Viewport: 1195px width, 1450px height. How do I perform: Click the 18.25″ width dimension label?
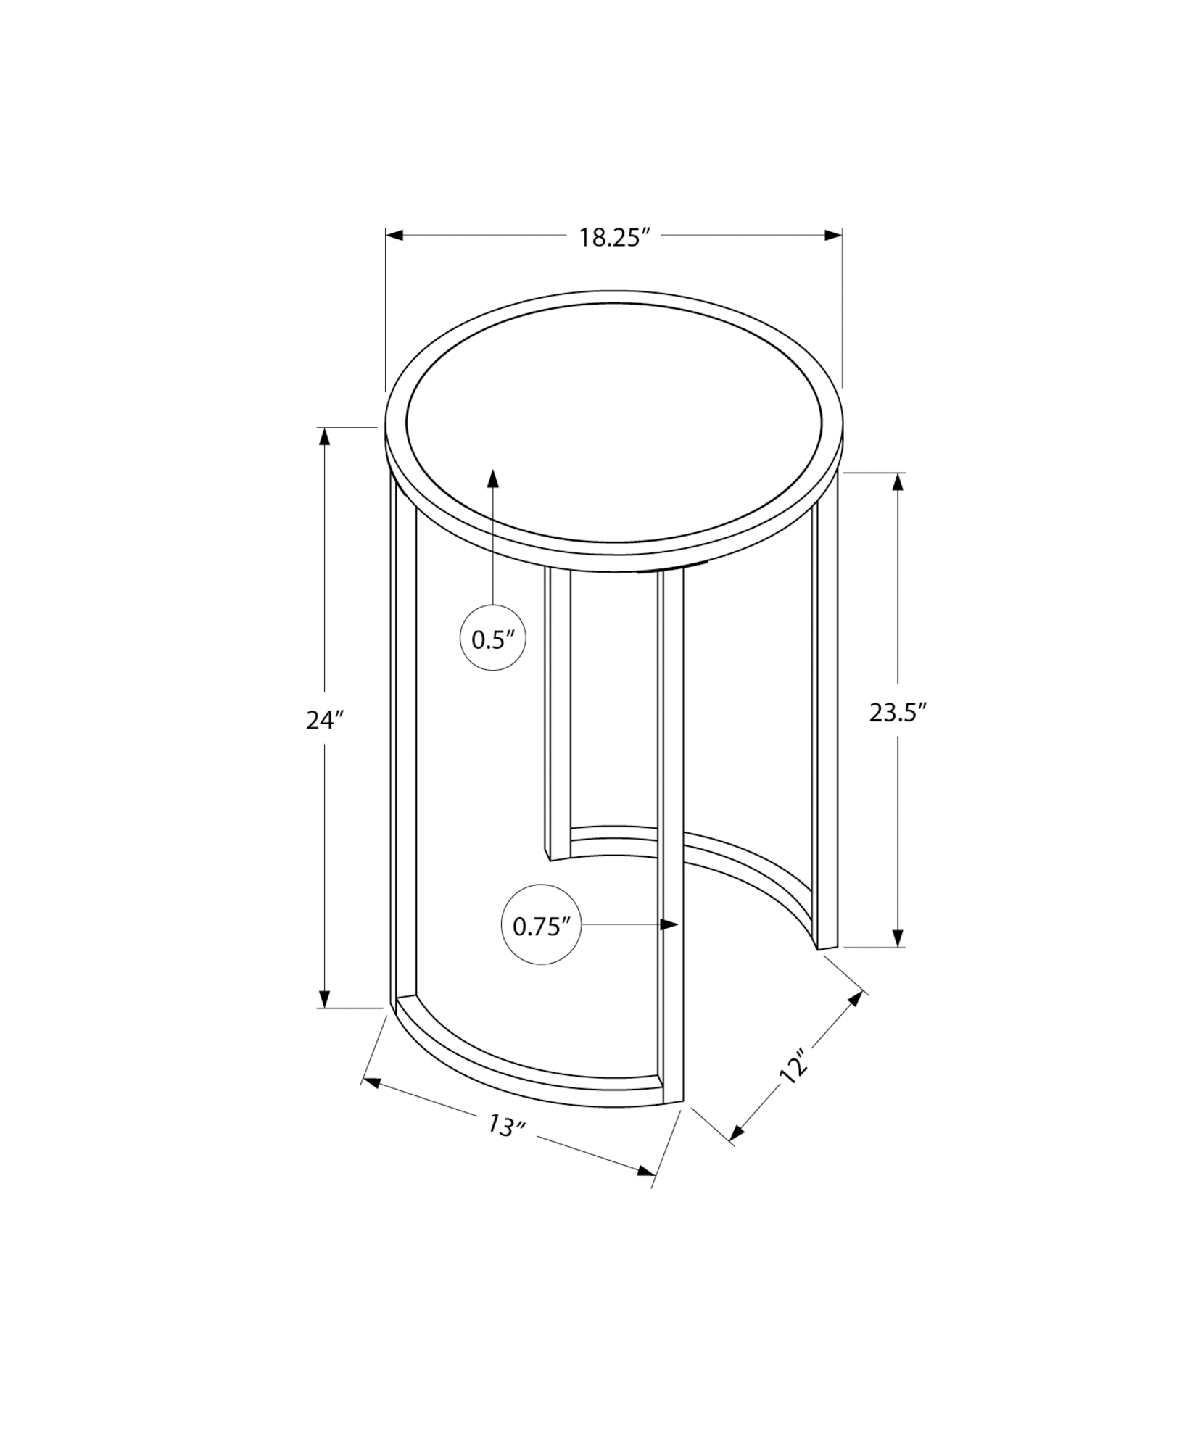[611, 238]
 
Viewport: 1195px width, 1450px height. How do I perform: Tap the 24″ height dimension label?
[324, 720]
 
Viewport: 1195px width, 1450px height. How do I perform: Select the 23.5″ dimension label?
[898, 713]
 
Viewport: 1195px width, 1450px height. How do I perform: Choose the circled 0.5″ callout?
[493, 639]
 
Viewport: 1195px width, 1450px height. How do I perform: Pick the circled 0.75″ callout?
[541, 926]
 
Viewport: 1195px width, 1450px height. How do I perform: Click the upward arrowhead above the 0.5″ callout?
[493, 478]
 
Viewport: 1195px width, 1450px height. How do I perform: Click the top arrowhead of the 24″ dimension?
[324, 437]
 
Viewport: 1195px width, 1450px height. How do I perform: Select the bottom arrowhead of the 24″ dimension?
[324, 998]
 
